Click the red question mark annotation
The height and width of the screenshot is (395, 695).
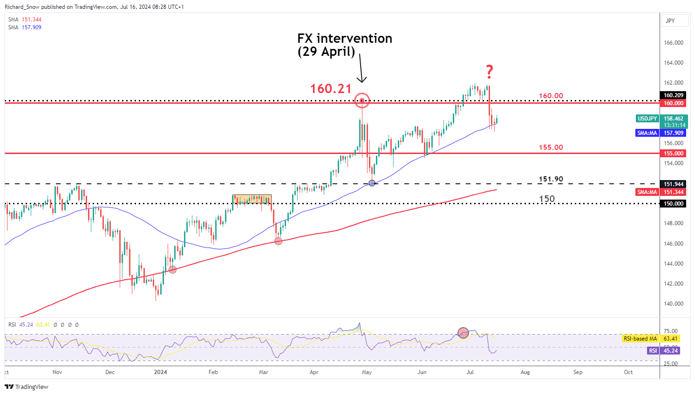(x=489, y=72)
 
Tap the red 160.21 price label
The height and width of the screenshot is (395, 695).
(x=331, y=88)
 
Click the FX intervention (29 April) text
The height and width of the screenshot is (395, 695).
(x=345, y=45)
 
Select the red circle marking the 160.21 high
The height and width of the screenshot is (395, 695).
(x=362, y=100)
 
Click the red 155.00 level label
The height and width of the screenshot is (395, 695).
(x=551, y=147)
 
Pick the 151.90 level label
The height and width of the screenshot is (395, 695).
(x=551, y=179)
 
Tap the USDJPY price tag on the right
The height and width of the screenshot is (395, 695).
(x=647, y=119)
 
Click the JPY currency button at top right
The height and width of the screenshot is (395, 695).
(x=670, y=21)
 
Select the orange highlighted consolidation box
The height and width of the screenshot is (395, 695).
(x=252, y=200)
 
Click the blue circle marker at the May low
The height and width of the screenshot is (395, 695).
(x=372, y=183)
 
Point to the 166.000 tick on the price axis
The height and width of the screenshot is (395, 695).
(x=674, y=43)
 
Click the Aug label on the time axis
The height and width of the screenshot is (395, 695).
(x=525, y=372)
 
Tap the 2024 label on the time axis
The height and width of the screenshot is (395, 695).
(x=160, y=372)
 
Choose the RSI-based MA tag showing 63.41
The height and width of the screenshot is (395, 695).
(x=640, y=339)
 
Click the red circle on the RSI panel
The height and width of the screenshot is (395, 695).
(x=463, y=333)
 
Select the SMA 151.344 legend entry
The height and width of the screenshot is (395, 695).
(x=25, y=20)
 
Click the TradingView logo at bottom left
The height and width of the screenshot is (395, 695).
(x=27, y=387)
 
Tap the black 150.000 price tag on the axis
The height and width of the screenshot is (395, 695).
(x=674, y=204)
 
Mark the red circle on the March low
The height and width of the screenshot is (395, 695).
(x=278, y=241)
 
